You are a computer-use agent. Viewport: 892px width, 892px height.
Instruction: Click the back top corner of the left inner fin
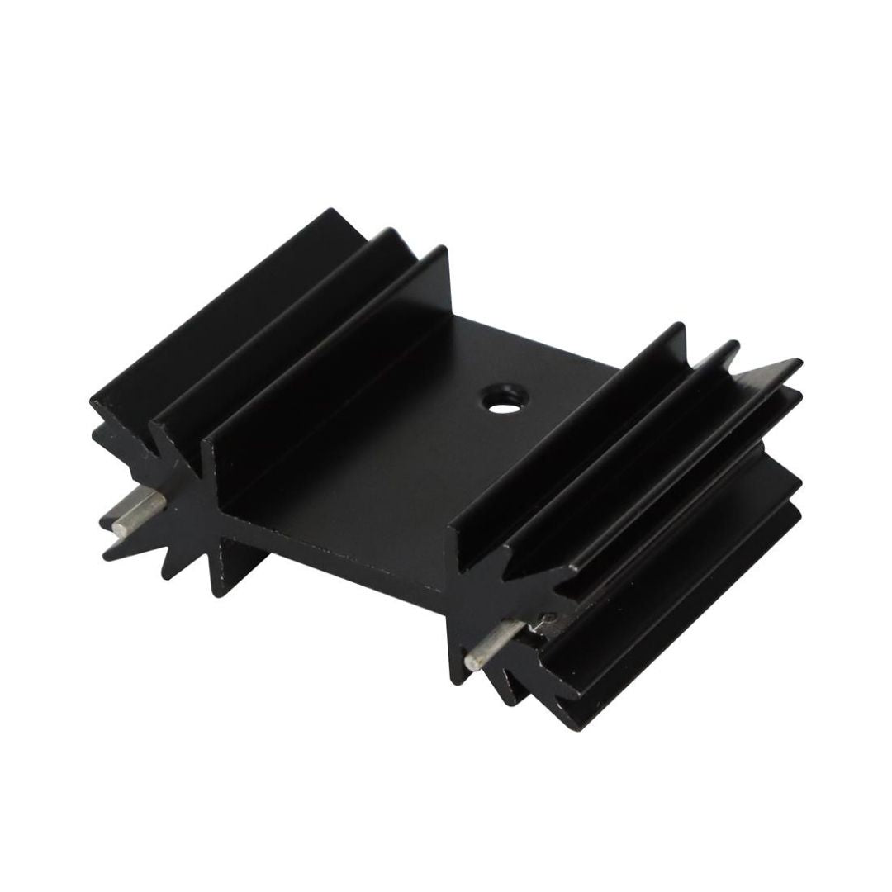pyautogui.click(x=444, y=249)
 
